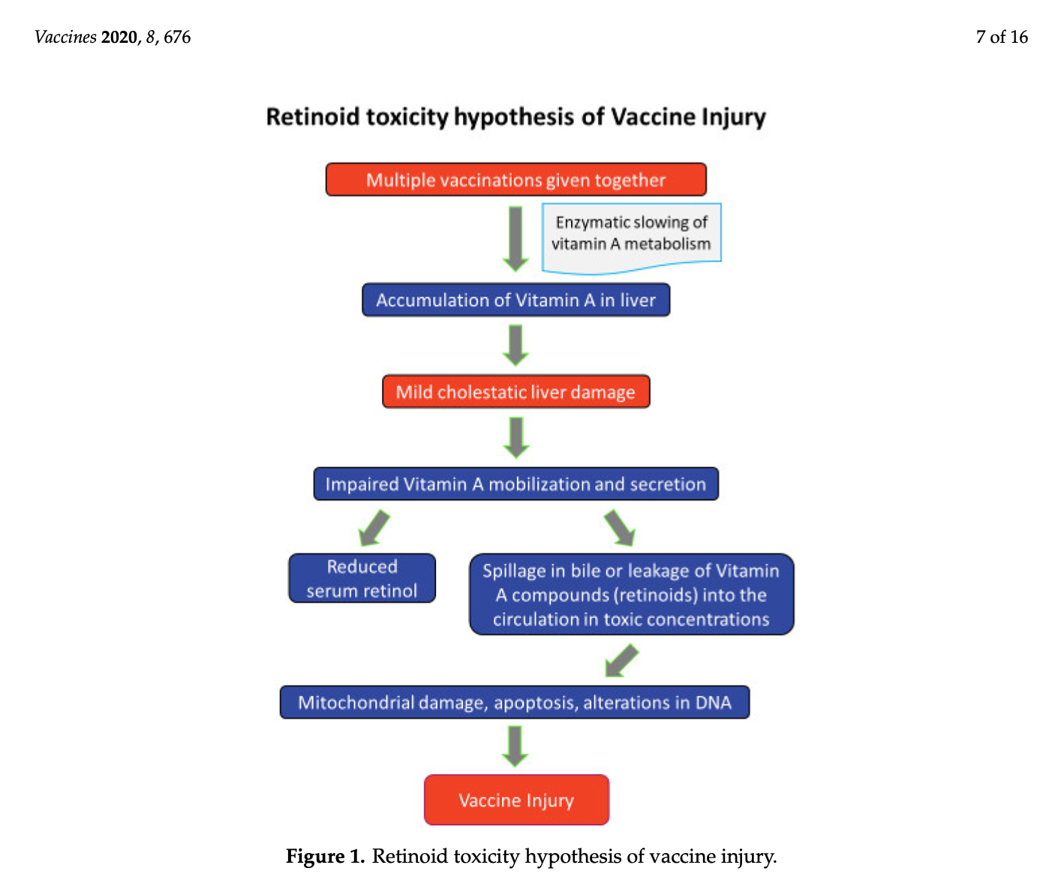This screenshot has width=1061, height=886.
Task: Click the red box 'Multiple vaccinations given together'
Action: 515,179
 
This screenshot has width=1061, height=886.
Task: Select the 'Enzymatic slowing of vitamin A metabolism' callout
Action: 631,237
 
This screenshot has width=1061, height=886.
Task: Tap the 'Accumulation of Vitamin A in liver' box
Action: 515,300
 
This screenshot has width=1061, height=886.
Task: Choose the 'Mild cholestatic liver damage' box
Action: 515,391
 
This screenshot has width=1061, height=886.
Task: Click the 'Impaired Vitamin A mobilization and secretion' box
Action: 515,484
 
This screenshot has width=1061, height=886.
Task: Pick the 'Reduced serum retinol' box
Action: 362,578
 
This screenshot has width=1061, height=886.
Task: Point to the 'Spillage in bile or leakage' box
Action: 631,594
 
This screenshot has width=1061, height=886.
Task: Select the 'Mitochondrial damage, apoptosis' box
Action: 514,702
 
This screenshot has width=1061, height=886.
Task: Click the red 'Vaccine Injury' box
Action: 516,800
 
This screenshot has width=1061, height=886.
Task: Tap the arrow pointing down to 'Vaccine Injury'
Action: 515,746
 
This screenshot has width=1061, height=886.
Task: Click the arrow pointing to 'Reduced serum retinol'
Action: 374,528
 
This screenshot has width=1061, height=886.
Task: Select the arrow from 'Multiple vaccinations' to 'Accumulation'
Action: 515,239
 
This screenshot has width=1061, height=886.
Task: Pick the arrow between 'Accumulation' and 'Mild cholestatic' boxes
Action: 515,345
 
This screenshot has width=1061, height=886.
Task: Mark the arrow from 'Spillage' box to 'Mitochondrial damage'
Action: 621,660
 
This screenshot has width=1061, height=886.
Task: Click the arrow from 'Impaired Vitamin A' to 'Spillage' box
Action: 620,528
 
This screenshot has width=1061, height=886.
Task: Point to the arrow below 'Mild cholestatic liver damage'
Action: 516,438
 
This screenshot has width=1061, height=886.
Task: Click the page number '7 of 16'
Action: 1001,37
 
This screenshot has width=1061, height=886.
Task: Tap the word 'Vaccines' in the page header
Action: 65,37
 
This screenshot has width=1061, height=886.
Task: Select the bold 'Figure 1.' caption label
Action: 325,856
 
